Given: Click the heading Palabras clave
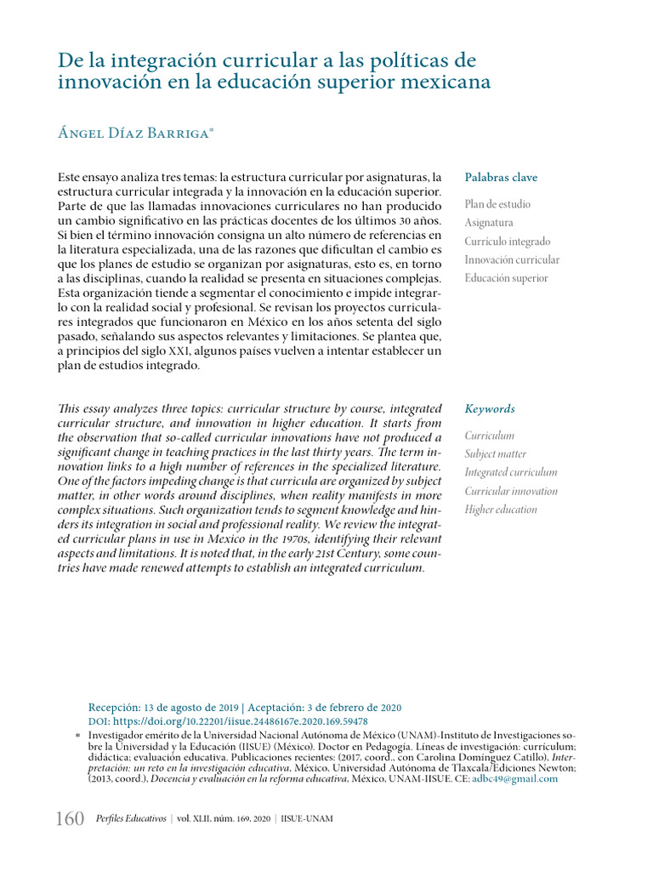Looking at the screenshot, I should click(501, 178).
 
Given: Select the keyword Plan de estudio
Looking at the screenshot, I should click(497, 204).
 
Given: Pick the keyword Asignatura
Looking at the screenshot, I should click(489, 223).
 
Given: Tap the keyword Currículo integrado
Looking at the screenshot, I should click(508, 242).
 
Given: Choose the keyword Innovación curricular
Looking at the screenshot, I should click(512, 260).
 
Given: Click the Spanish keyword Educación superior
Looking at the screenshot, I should click(506, 278).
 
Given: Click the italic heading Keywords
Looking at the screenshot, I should click(490, 409).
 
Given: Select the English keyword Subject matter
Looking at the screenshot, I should click(495, 454).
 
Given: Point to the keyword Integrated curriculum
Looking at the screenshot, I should click(511, 472).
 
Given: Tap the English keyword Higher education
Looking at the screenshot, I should click(501, 510).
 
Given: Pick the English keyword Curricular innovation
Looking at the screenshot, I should click(511, 491).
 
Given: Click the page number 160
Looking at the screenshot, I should click(70, 819).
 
